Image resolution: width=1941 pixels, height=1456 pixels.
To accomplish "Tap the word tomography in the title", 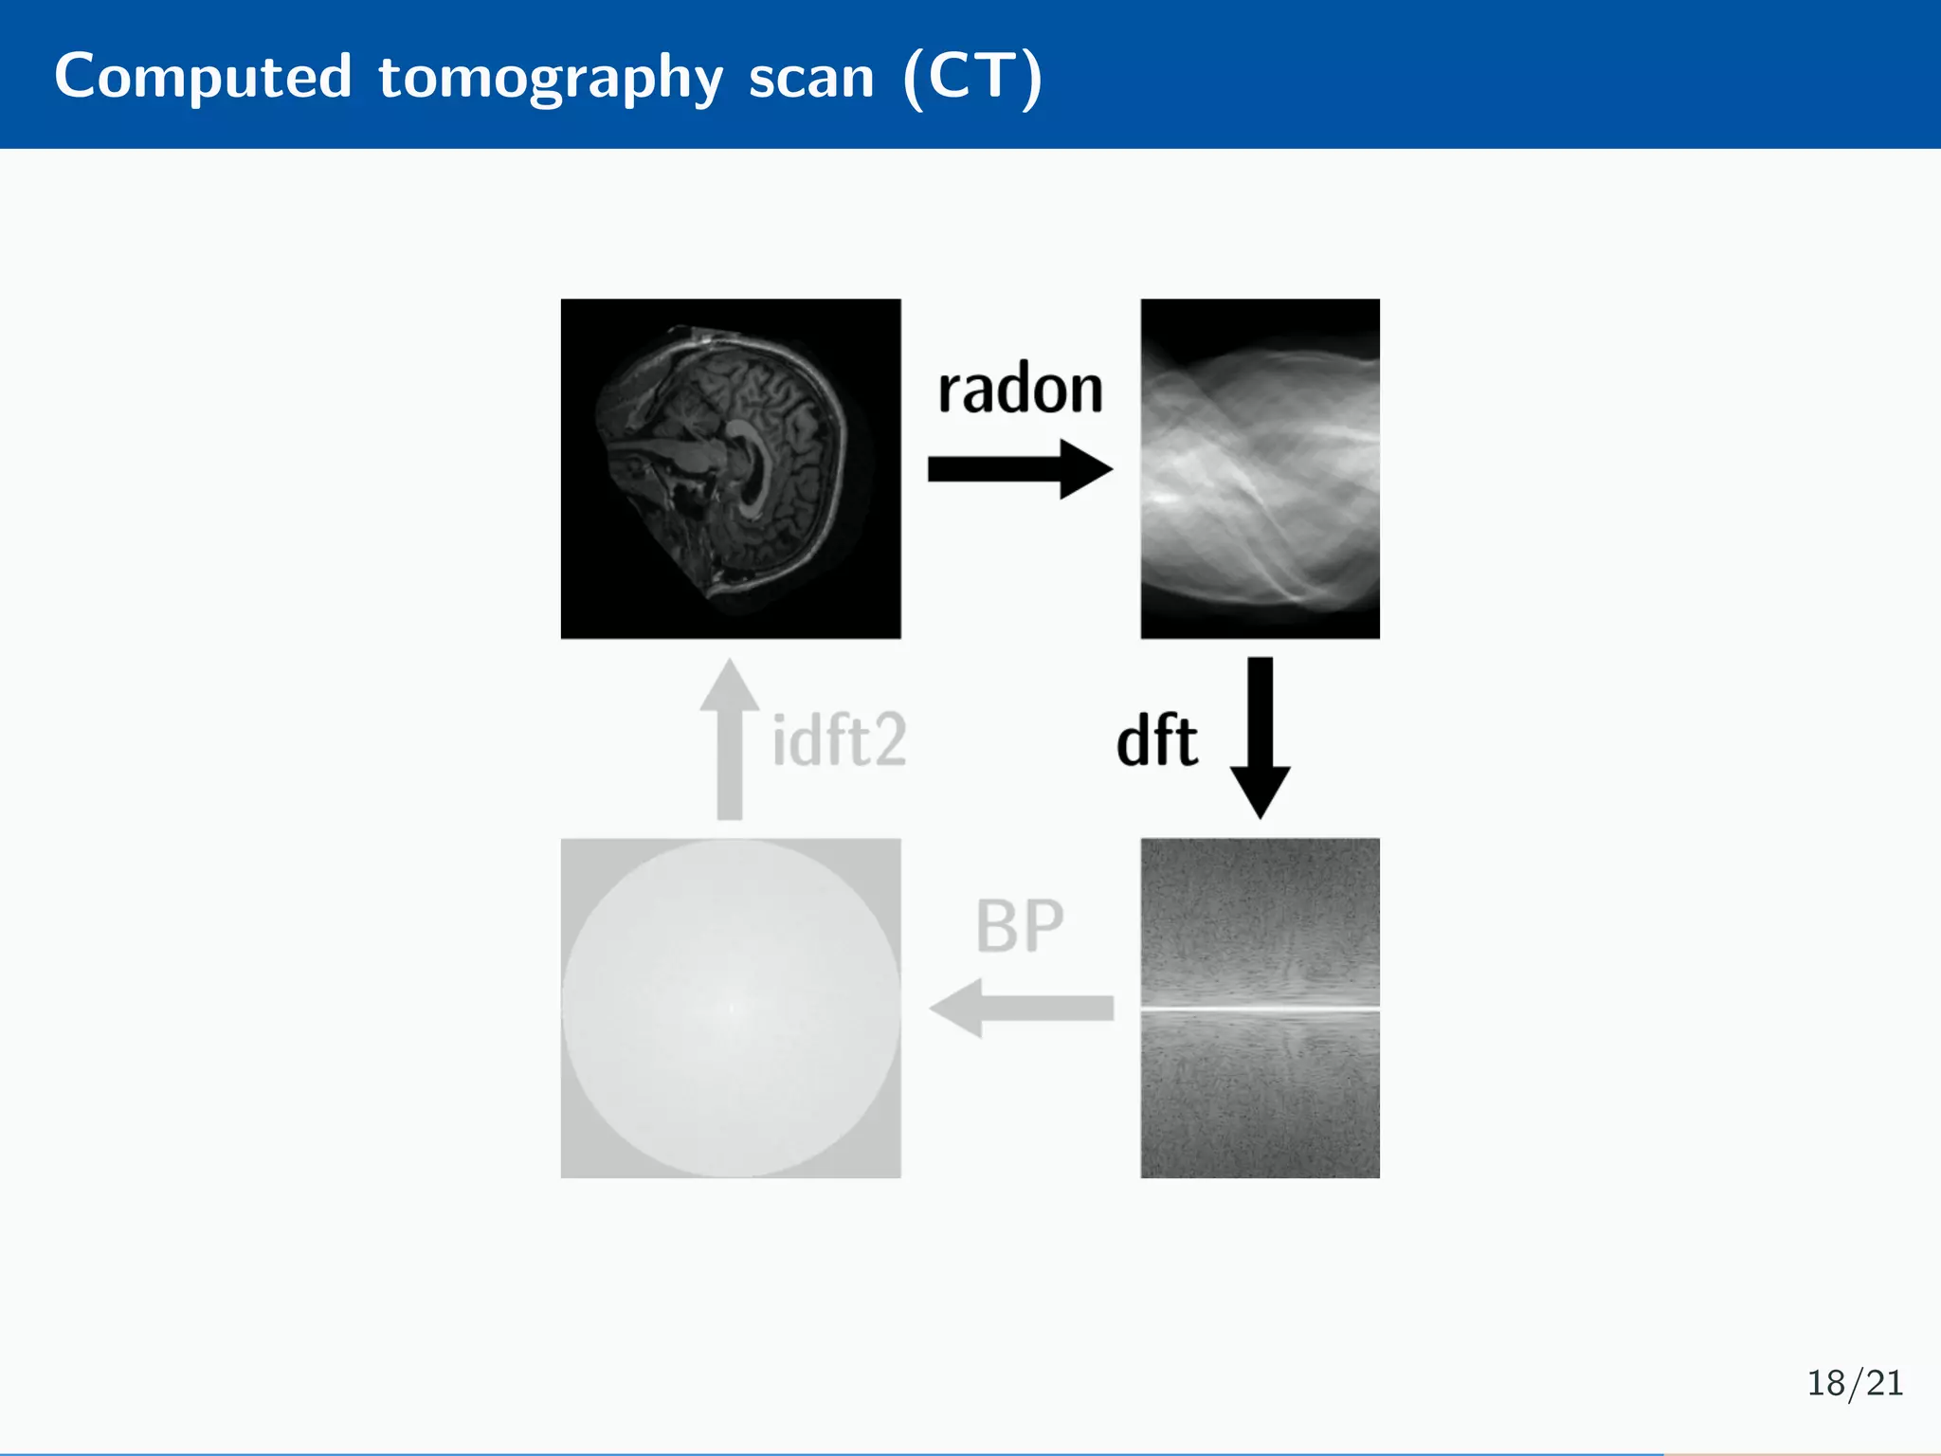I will (551, 78).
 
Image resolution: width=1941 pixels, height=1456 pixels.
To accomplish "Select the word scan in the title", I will (811, 78).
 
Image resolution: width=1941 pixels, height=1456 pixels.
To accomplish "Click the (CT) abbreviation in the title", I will (973, 78).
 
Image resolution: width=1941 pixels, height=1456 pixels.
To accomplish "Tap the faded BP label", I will (1020, 926).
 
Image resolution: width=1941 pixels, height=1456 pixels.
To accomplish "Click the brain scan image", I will (730, 468).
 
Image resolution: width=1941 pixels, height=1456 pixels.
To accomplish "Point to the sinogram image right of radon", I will (1260, 468).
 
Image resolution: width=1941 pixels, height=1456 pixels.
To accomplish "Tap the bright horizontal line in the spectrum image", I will (1260, 1009).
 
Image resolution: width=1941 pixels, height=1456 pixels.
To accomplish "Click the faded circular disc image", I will (730, 1008).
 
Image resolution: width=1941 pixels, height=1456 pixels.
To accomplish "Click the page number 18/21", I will (1854, 1383).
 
